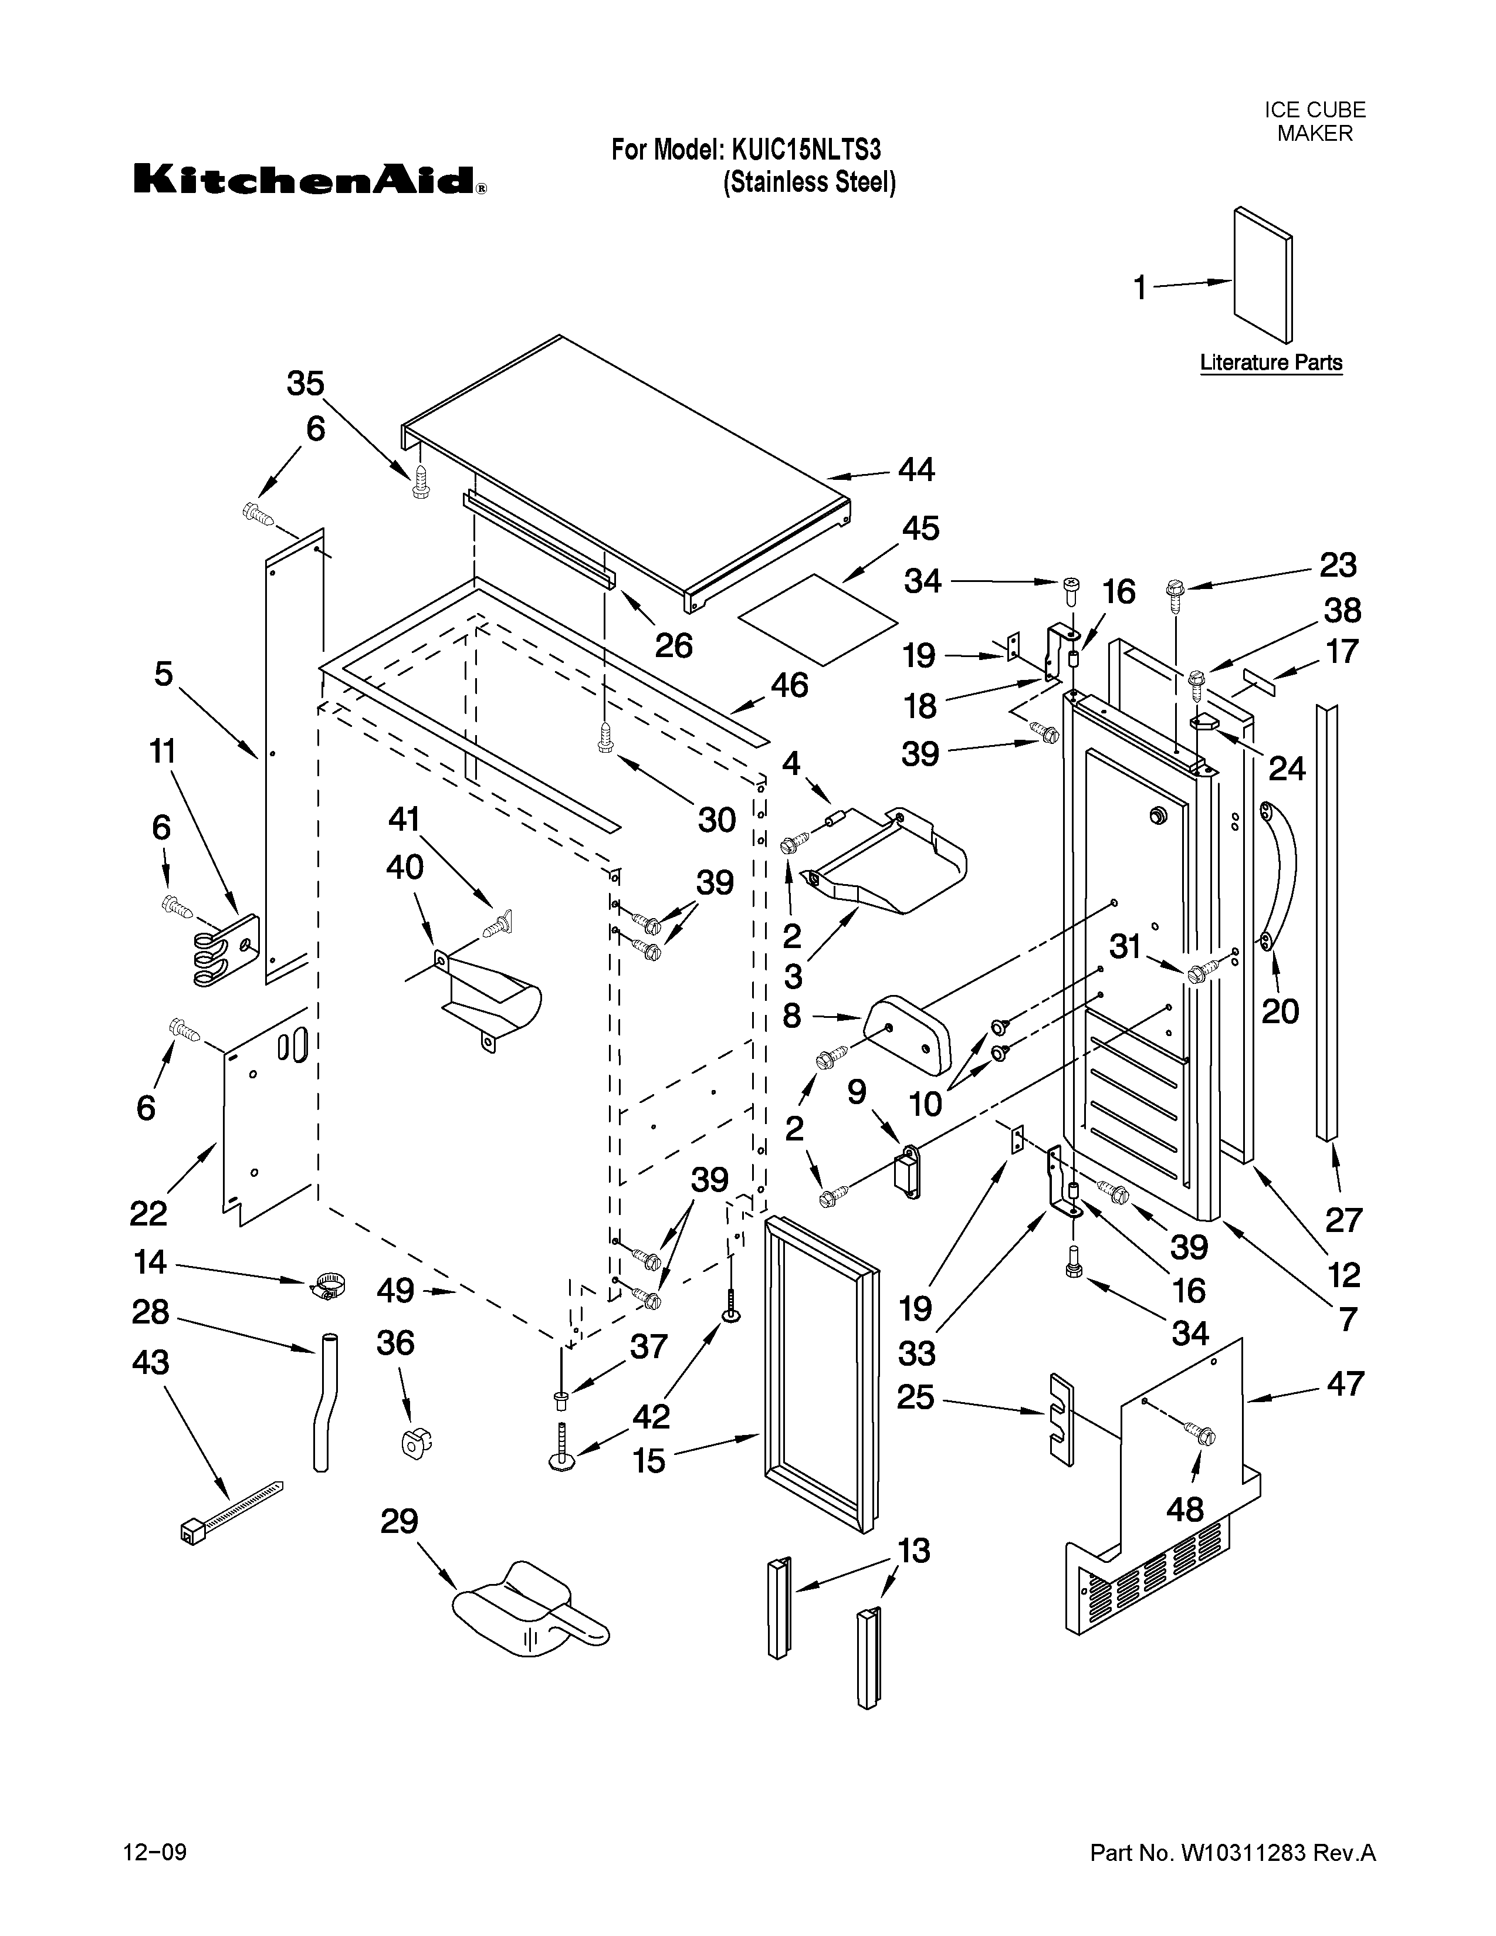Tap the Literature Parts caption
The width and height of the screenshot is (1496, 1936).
1271,363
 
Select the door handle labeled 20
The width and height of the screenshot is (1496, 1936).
1281,871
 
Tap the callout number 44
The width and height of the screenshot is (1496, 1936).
916,470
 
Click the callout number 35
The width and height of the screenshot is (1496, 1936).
306,384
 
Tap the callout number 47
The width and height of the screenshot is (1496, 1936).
1345,1384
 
